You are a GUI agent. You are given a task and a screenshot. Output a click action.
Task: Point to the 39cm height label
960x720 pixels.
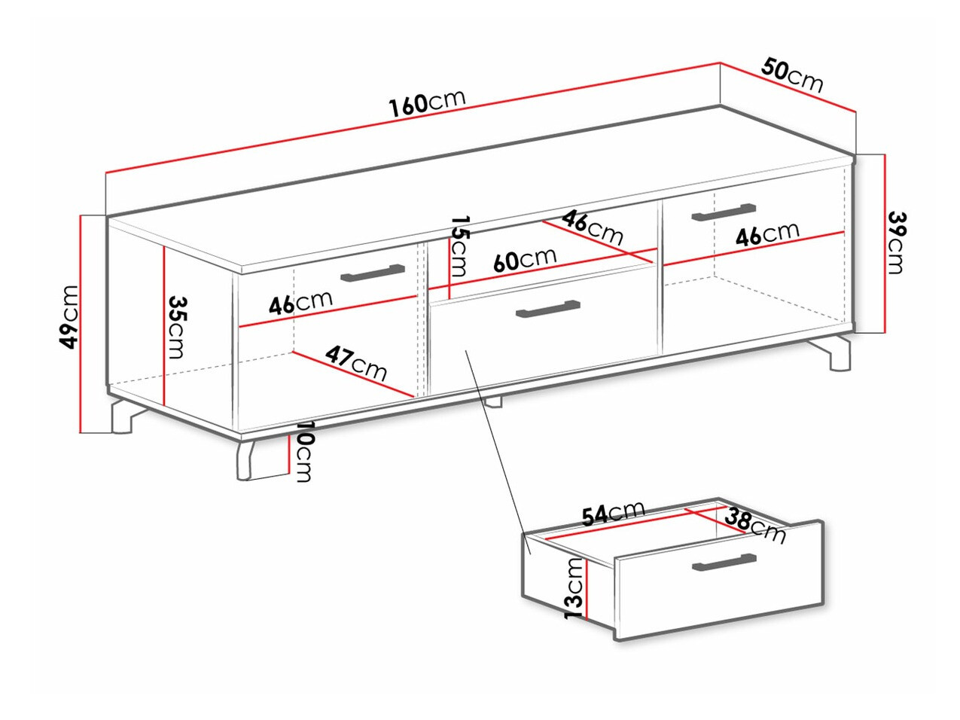tap(896, 243)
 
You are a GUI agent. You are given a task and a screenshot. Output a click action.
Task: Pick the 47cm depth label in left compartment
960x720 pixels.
tap(355, 363)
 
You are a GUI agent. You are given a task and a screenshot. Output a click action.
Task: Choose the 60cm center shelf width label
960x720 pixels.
tap(525, 259)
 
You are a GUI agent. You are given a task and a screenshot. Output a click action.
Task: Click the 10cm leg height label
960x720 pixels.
tap(304, 451)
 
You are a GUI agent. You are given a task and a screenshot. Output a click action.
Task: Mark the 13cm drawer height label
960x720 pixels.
tap(574, 588)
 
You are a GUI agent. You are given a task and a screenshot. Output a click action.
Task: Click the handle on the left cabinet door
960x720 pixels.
tap(373, 273)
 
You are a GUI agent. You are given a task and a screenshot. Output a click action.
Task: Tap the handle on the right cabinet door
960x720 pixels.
tap(724, 212)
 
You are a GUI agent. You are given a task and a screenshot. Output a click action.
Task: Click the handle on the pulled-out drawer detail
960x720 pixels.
tap(724, 562)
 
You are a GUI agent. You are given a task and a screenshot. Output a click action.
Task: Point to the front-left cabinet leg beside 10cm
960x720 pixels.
tap(245, 461)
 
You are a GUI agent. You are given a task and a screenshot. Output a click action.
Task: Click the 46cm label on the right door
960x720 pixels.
tap(767, 234)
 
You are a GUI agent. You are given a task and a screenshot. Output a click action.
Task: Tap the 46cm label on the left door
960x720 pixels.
tap(300, 302)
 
